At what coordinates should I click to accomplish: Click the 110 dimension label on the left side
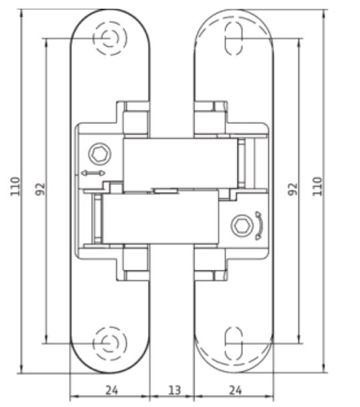point(15,186)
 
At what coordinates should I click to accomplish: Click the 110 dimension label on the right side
point(317,186)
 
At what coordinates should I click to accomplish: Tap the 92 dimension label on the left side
point(40,189)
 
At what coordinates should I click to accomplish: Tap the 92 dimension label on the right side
point(293,189)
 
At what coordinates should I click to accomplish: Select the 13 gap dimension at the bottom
point(175,390)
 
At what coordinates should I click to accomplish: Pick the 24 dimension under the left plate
point(112,390)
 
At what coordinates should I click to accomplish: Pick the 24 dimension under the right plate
point(236,390)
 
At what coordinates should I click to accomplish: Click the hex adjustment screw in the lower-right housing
point(242,226)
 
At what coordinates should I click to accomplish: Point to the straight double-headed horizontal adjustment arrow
point(93,173)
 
